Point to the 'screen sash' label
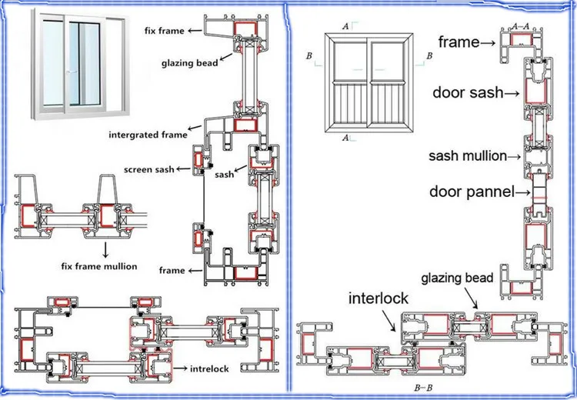(x=149, y=168)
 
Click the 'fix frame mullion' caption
(x=98, y=266)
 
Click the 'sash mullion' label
(x=467, y=156)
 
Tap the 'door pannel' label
(x=471, y=191)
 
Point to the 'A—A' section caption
(x=520, y=25)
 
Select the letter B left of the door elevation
(x=309, y=56)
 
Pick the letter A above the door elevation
(x=345, y=26)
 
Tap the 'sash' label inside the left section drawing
(x=224, y=175)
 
